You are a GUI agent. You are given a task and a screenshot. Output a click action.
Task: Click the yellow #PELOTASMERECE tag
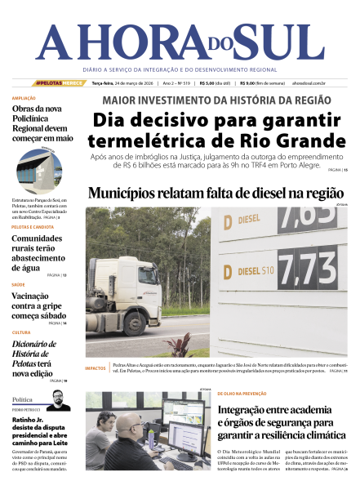(x=60, y=83)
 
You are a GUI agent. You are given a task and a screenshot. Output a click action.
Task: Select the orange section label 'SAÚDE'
(x=19, y=285)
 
